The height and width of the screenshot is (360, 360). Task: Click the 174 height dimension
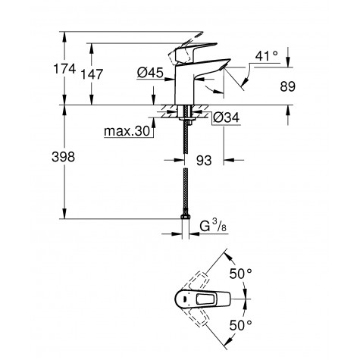[65, 70]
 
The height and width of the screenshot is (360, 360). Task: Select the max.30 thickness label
[127, 133]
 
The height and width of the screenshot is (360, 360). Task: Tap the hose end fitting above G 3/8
[186, 219]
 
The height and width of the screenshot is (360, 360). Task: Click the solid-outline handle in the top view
[208, 300]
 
